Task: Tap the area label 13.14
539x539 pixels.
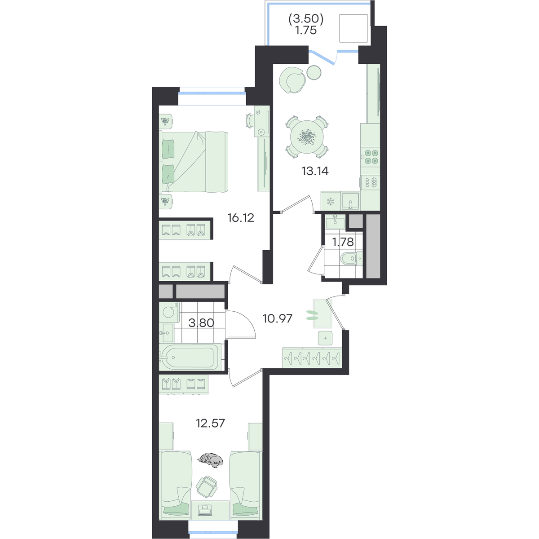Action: pos(315,171)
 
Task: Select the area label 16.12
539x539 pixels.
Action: pos(241,217)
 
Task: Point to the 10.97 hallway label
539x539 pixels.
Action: pos(278,318)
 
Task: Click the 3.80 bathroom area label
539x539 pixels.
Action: pos(201,323)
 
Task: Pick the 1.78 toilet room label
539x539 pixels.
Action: pos(343,242)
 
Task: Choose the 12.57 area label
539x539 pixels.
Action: pos(210,423)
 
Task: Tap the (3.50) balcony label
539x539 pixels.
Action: pos(306,19)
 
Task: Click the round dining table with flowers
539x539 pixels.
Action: pos(307,137)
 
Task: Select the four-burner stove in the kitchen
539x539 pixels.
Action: pos(371,157)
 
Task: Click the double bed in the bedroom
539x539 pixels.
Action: pos(194,162)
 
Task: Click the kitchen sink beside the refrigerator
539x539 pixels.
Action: pos(350,201)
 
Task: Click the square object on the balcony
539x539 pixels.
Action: pos(353,28)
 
